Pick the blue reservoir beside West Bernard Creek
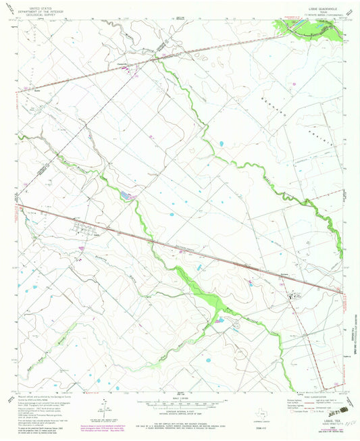point(126,196)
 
